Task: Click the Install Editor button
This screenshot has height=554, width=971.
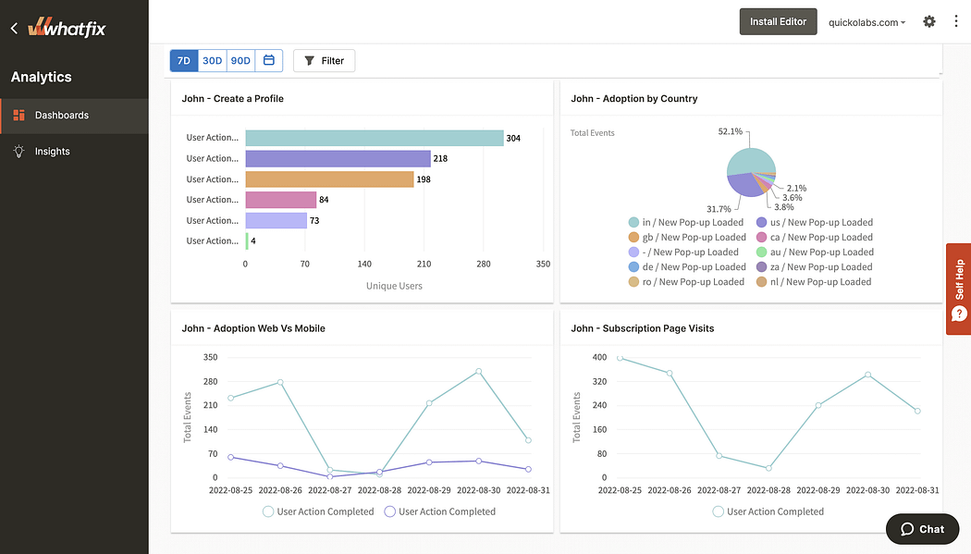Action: click(x=778, y=21)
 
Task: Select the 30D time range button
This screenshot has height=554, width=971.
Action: click(x=213, y=61)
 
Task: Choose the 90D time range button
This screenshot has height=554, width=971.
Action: click(x=240, y=61)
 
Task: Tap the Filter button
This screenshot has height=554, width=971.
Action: click(x=324, y=61)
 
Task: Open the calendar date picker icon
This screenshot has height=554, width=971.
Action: click(x=269, y=61)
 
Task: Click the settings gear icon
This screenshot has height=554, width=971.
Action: click(x=929, y=21)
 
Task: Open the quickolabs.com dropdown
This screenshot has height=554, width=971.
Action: click(x=867, y=22)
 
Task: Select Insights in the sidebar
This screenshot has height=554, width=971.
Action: click(x=52, y=152)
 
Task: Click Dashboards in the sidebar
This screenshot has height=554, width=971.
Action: click(x=61, y=116)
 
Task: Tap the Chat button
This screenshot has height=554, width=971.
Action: click(x=922, y=529)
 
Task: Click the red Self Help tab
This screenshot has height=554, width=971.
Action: click(x=958, y=289)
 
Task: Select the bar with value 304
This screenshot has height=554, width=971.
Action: click(x=374, y=138)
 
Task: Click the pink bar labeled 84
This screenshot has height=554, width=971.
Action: click(x=280, y=200)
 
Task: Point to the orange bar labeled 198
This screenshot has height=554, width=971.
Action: click(x=329, y=179)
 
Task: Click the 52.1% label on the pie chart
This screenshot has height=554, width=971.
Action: click(x=731, y=132)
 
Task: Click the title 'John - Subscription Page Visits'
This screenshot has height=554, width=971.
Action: click(x=642, y=328)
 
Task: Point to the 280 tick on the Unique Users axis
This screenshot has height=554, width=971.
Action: click(x=483, y=265)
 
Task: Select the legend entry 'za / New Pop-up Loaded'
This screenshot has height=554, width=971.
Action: click(x=814, y=267)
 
